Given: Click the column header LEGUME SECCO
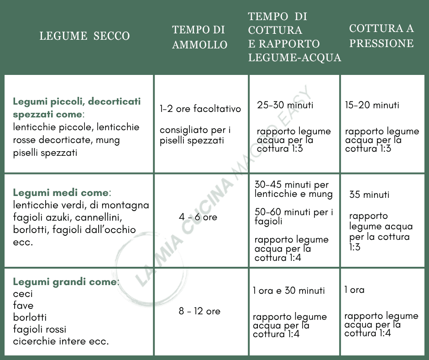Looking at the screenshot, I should [x=84, y=36].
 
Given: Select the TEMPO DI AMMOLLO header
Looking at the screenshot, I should [x=199, y=37].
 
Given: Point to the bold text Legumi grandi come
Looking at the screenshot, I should [x=65, y=281].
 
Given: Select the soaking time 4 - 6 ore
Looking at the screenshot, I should [x=198, y=217].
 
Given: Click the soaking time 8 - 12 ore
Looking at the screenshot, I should [x=199, y=311].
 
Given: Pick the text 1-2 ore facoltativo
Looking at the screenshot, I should [x=200, y=109].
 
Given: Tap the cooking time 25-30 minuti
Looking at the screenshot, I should [x=285, y=105].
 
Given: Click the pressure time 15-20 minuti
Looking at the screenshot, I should [x=372, y=105].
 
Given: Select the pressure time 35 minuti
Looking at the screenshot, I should [x=369, y=195].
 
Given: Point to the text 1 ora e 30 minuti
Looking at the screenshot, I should [x=289, y=291].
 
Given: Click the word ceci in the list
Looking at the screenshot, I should [x=23, y=294].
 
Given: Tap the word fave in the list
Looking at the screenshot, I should [x=23, y=306].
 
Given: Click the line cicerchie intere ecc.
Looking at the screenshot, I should [x=61, y=341].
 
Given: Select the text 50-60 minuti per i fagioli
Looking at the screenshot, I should [x=293, y=217].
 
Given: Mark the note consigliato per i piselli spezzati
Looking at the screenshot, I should [x=195, y=135].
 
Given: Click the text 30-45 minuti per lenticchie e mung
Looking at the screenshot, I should [x=293, y=190].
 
